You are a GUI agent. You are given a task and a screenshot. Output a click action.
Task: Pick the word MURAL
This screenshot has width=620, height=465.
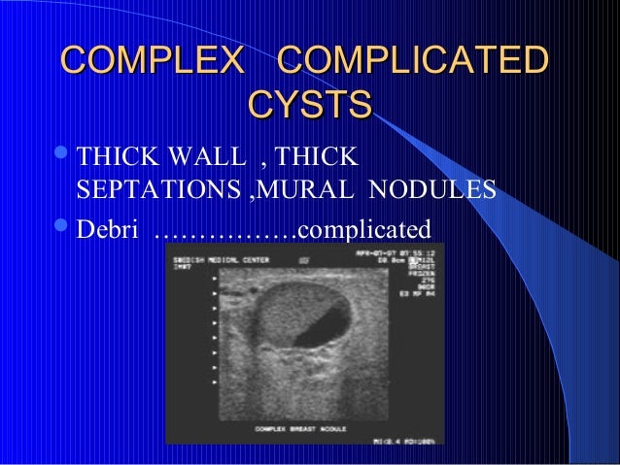pos(306,192)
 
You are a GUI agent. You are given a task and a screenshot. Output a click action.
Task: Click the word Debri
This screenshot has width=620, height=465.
pos(108,229)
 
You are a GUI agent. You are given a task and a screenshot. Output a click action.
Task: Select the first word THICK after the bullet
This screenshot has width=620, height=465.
pos(111,157)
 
